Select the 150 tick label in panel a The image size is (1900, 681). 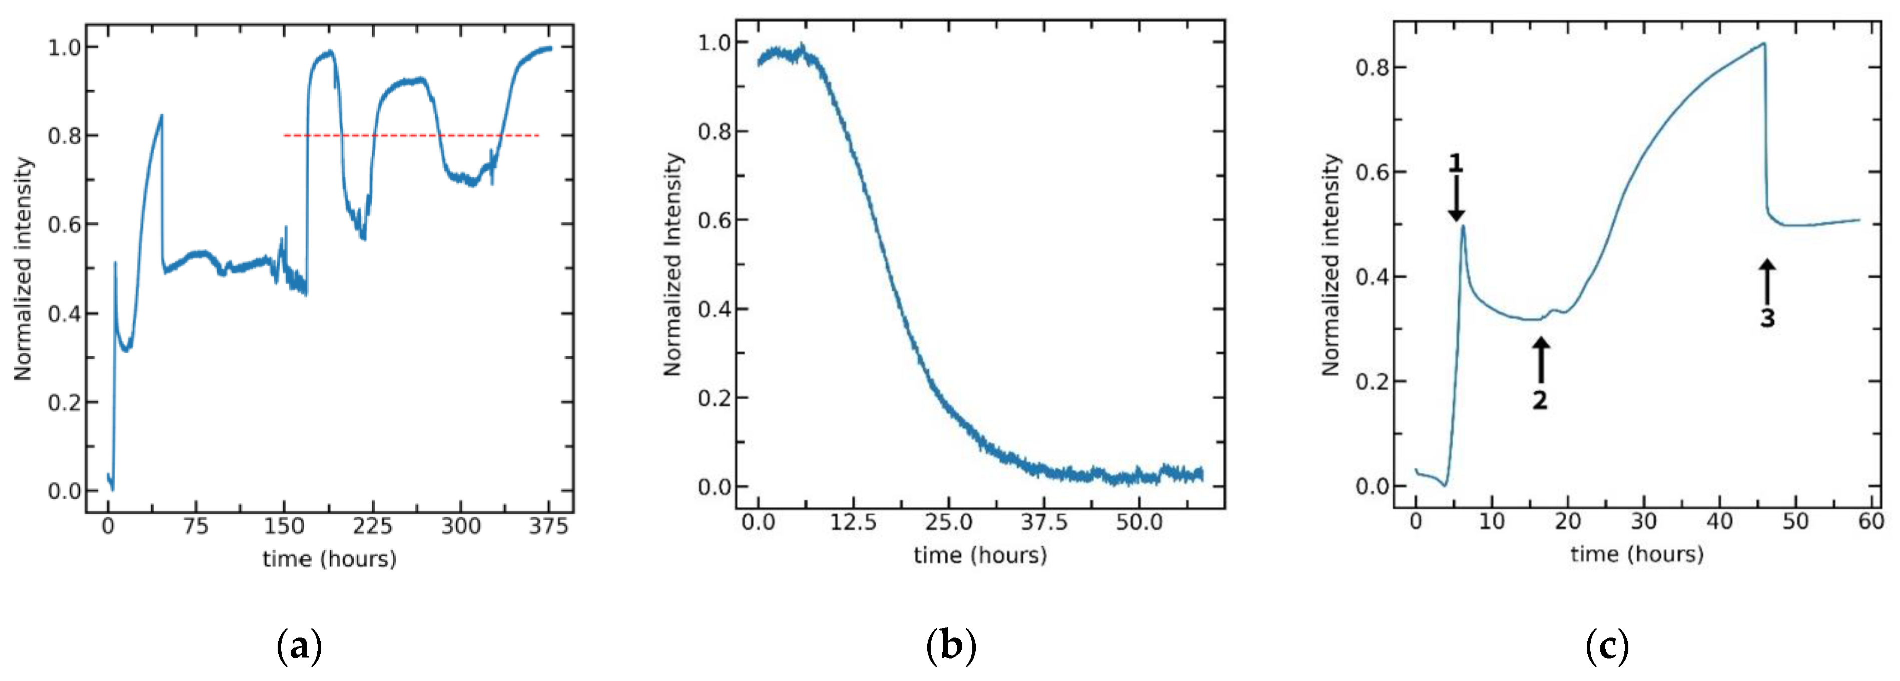(284, 526)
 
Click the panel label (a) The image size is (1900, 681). (299, 646)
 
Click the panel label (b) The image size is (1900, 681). (951, 646)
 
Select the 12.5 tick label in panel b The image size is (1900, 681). (853, 522)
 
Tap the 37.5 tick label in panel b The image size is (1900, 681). (1044, 522)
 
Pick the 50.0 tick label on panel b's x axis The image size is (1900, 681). (1139, 522)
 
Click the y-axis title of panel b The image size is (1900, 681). (673, 264)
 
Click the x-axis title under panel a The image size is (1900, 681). (329, 558)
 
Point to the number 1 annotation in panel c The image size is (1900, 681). (1455, 163)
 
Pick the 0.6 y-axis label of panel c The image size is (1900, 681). (1371, 172)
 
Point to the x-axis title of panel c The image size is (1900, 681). (1637, 554)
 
